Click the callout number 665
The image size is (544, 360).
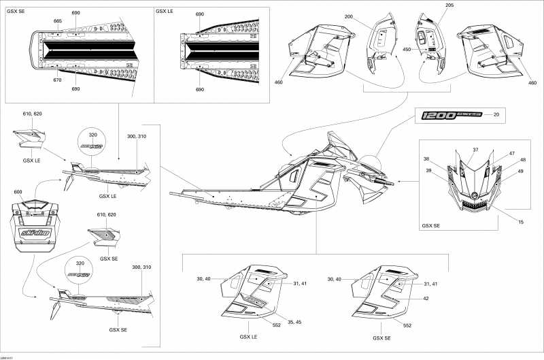click(x=58, y=21)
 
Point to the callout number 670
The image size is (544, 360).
click(x=58, y=80)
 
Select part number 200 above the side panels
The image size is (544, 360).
click(x=349, y=16)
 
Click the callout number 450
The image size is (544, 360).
click(x=407, y=49)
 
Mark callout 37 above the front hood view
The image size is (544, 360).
click(x=476, y=150)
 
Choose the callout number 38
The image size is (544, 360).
click(x=427, y=159)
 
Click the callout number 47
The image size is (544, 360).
click(x=511, y=154)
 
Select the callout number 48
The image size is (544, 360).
click(x=523, y=161)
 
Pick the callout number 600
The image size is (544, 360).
click(x=18, y=191)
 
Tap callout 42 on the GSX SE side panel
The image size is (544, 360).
click(x=426, y=298)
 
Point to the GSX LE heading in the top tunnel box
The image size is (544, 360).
click(x=164, y=12)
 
